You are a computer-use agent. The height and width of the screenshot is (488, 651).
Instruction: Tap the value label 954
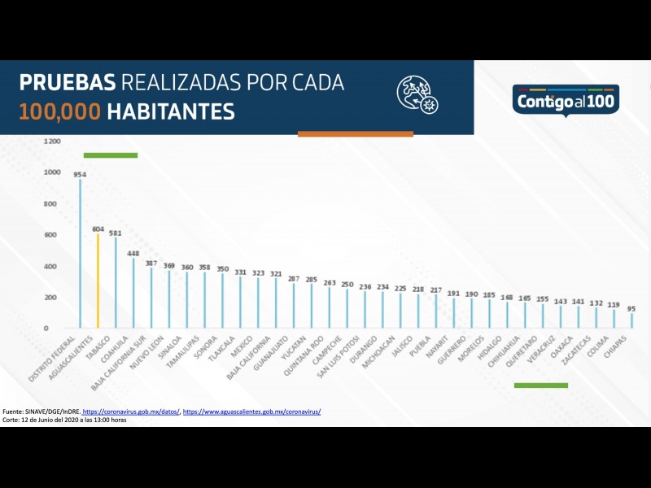click(80, 174)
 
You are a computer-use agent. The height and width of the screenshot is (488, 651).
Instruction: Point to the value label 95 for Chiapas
click(631, 308)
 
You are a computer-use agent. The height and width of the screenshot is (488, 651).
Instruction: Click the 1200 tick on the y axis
click(52, 141)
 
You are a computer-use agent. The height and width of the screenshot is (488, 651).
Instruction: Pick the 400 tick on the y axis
click(52, 266)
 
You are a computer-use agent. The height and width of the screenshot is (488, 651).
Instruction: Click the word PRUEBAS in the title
click(68, 83)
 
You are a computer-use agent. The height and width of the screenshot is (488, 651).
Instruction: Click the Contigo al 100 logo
click(566, 100)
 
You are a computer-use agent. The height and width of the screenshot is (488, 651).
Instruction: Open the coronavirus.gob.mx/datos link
click(130, 412)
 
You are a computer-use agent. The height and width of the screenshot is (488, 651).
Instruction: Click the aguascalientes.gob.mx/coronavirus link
click(251, 412)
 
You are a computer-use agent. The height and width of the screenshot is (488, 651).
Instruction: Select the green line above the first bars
click(111, 155)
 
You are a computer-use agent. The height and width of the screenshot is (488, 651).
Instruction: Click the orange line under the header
click(356, 133)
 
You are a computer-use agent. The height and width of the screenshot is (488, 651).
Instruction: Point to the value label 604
click(98, 229)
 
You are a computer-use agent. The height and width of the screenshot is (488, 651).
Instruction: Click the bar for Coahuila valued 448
click(133, 294)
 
